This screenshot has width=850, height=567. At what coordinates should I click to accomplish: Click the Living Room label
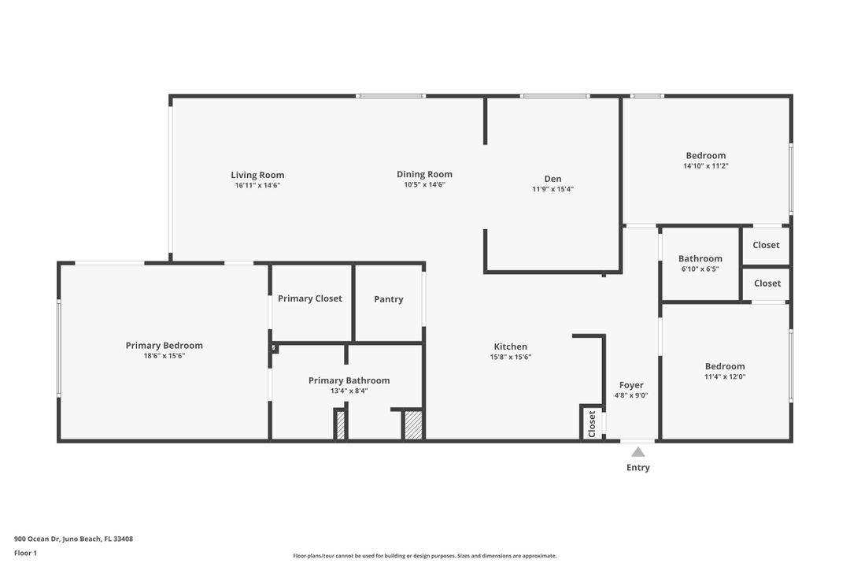(257, 175)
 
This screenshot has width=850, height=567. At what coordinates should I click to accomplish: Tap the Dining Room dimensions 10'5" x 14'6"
(424, 184)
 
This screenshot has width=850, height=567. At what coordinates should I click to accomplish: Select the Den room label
(552, 179)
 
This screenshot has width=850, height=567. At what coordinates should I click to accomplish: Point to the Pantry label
(389, 299)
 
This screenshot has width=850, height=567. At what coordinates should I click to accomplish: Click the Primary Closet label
(310, 298)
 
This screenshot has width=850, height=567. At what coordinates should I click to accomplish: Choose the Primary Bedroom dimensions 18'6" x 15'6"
(164, 356)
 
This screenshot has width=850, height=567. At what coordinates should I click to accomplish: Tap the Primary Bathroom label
(349, 380)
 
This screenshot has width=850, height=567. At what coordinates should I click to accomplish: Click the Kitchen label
(510, 346)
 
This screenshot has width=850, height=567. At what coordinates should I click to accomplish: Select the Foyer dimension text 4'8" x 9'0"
(631, 395)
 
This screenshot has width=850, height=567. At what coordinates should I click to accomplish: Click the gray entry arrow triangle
(637, 452)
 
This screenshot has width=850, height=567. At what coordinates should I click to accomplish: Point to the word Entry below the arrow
(637, 468)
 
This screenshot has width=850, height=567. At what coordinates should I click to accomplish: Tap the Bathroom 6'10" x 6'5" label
(700, 259)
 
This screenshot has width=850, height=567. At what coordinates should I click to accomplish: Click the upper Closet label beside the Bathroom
(766, 245)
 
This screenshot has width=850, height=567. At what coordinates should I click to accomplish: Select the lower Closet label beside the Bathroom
(767, 283)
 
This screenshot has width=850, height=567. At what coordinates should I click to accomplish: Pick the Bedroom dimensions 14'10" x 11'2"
(705, 166)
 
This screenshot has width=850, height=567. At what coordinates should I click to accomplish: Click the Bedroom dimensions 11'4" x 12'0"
(724, 376)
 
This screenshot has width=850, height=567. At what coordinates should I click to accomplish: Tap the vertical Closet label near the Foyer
(592, 424)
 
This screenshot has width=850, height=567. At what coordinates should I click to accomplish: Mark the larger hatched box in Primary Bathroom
(413, 425)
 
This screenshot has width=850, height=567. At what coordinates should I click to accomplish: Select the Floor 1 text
(25, 553)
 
